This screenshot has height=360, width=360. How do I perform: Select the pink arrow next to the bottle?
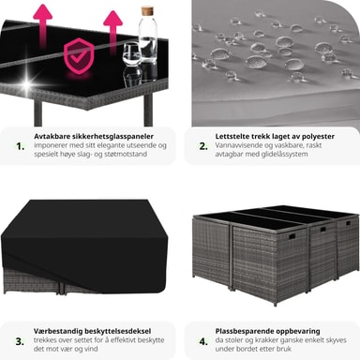(x=112, y=30)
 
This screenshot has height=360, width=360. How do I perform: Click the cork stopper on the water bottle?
(x=147, y=11)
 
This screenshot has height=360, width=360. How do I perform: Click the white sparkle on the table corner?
(x=27, y=83)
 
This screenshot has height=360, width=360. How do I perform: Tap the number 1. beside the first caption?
(x=21, y=146)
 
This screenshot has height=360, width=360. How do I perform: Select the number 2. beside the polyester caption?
(x=203, y=146)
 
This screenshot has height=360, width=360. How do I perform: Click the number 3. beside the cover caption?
(x=20, y=341)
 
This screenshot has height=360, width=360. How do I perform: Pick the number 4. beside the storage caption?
(x=203, y=341)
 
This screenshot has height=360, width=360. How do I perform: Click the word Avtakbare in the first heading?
(x=52, y=136)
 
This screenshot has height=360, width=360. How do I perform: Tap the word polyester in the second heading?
(x=318, y=137)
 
